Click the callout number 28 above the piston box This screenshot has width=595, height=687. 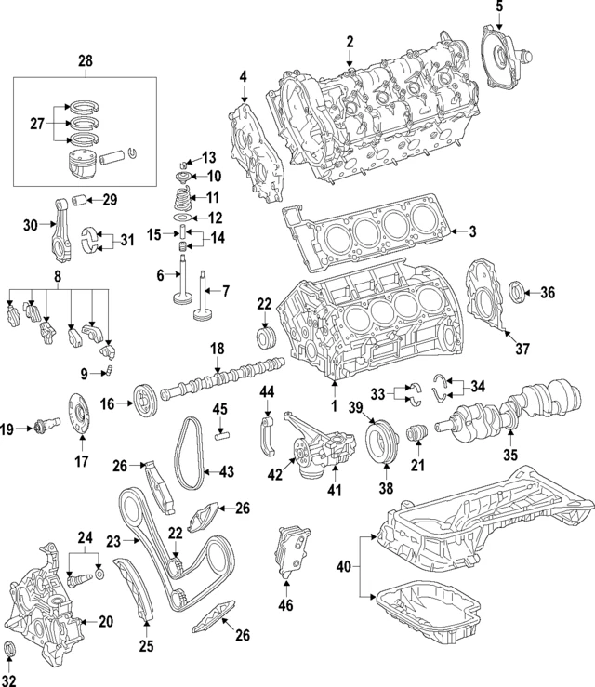coord(86,60)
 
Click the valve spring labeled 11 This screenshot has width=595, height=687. coord(184,198)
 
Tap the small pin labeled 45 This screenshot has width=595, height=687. coord(221,431)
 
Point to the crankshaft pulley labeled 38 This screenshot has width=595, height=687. coord(381,444)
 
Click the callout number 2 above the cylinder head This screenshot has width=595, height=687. coord(350,41)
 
